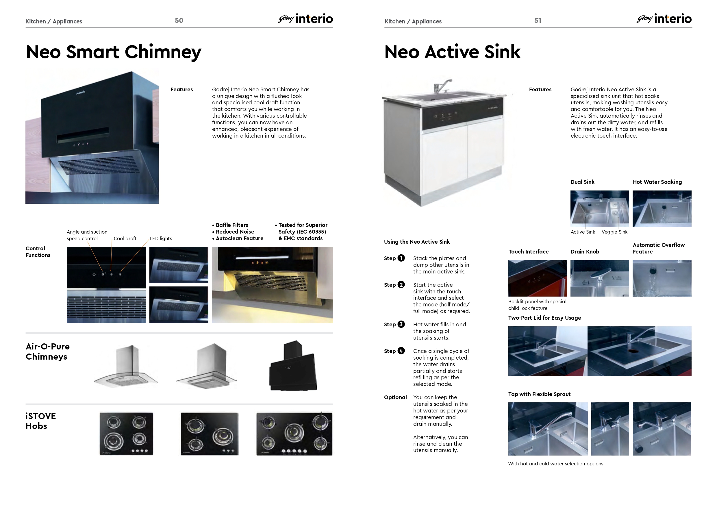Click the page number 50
click(179, 21)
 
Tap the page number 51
click(538, 21)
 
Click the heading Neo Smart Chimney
click(114, 52)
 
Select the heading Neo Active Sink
click(452, 52)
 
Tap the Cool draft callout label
click(125, 238)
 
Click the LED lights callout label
click(161, 238)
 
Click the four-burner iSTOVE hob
click(126, 434)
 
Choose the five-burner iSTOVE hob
click(294, 434)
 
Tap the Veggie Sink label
click(614, 232)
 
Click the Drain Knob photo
click(600, 278)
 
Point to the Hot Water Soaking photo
click(662, 209)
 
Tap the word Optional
click(395, 397)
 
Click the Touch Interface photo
click(538, 278)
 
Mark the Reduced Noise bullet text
click(235, 232)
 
